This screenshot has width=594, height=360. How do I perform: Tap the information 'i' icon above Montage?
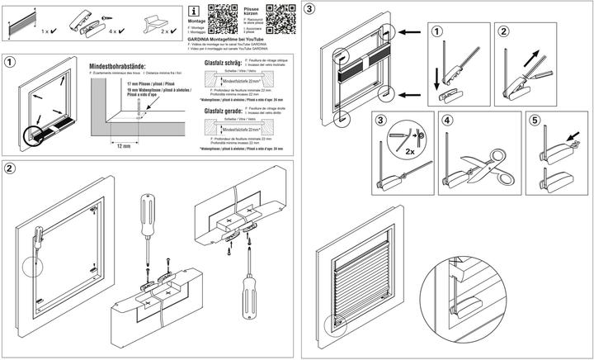(x=195, y=11)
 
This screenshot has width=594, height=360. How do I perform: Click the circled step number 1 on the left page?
(x=11, y=63)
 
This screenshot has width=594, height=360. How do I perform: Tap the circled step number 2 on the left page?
(x=10, y=170)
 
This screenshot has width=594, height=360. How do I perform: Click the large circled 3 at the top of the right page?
(x=309, y=10)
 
